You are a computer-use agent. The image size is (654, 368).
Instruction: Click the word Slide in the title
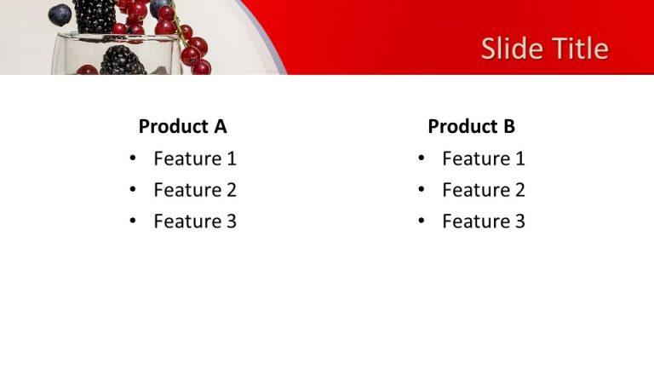[x=509, y=49]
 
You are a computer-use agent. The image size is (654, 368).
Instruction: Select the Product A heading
[x=182, y=127]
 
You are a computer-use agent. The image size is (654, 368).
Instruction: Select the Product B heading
[x=471, y=127]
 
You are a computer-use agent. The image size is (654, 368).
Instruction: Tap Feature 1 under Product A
[x=195, y=158]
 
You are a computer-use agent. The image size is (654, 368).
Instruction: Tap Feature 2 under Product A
[x=195, y=190]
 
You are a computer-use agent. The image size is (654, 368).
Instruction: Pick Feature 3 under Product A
[x=195, y=221]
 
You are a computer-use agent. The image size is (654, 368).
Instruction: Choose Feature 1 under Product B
[x=484, y=158]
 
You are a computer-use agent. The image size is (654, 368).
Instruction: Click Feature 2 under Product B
[x=484, y=190]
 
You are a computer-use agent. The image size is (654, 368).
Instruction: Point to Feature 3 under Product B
[x=484, y=221]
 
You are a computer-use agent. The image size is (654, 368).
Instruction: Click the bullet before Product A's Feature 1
[x=132, y=158]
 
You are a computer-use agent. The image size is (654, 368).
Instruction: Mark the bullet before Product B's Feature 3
[x=421, y=221]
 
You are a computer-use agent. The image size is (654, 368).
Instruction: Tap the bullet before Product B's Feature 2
[x=421, y=190]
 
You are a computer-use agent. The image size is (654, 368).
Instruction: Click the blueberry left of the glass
[x=60, y=14]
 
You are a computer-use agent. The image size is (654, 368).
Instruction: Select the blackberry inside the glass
[x=123, y=60]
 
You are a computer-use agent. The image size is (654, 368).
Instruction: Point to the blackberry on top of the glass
[x=94, y=14]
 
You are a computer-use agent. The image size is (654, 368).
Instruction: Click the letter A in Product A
[x=220, y=127]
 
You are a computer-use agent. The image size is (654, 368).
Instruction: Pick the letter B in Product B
[x=508, y=127]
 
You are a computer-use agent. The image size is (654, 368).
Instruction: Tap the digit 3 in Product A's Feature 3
[x=231, y=221]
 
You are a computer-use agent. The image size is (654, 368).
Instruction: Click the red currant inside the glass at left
[x=87, y=70]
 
